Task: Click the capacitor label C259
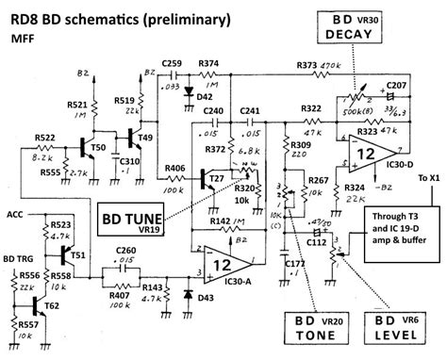point(171,63)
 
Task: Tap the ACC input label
point(14,215)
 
